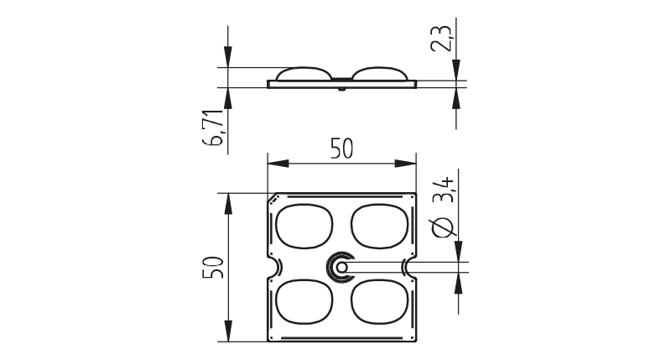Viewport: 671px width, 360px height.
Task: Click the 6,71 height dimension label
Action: [214, 128]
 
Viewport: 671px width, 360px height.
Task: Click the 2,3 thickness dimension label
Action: [441, 39]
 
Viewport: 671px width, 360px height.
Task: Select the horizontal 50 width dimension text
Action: [342, 149]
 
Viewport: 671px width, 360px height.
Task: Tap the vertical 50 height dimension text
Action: [213, 268]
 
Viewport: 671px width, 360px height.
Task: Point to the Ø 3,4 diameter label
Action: [443, 207]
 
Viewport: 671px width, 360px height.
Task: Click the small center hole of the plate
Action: [341, 268]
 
